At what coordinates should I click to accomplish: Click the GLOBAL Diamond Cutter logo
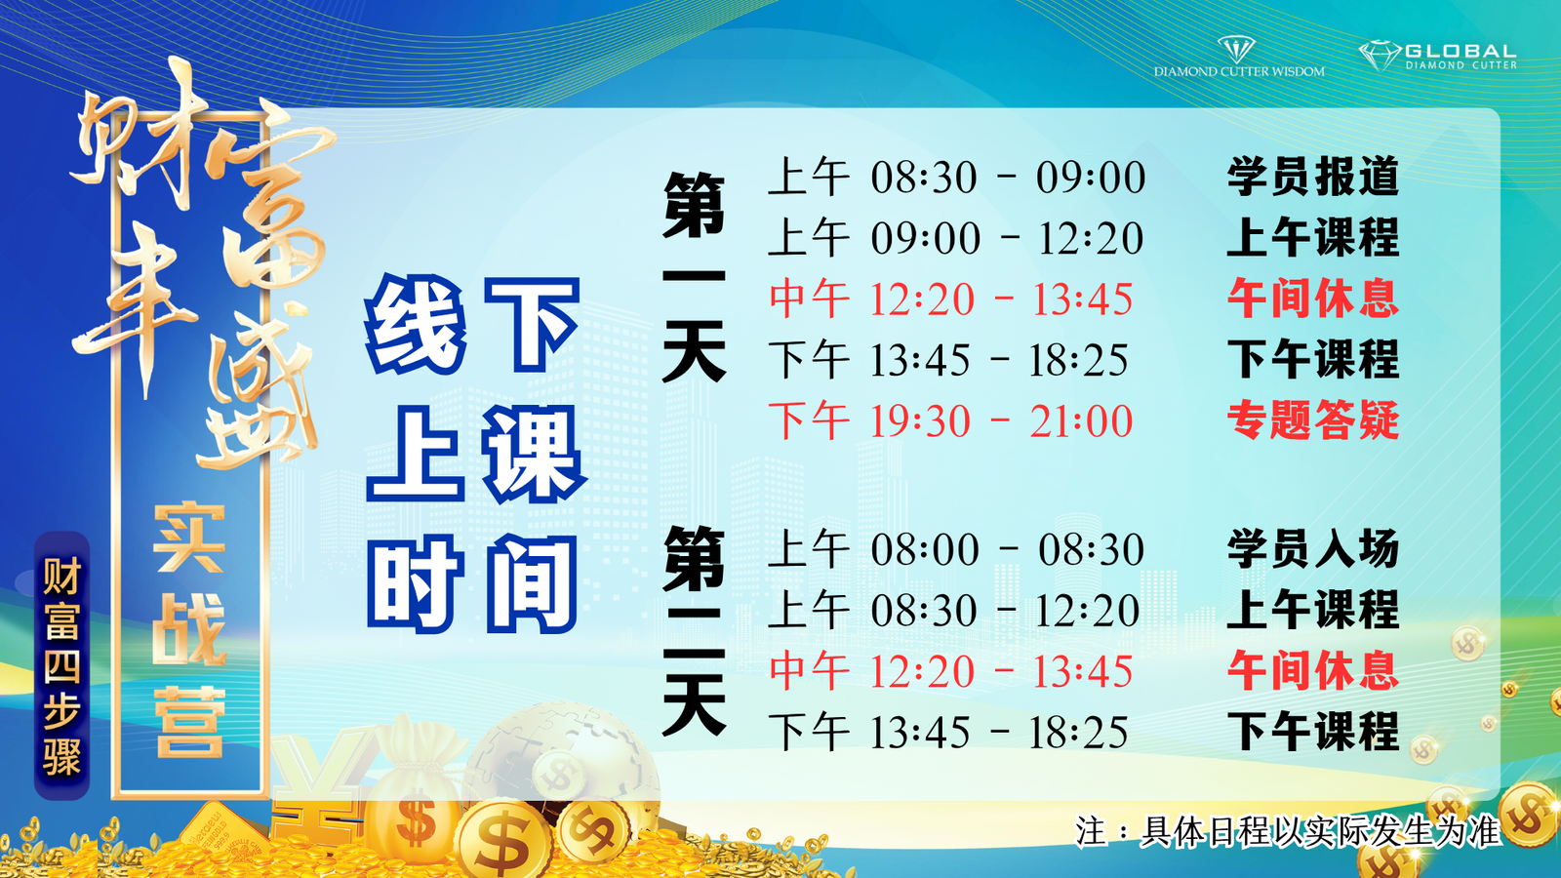tap(1438, 55)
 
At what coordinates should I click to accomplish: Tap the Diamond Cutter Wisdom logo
tap(1239, 58)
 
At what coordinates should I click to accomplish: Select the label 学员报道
tap(1313, 177)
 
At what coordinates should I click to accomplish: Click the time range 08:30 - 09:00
tap(1008, 177)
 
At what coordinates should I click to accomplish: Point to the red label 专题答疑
tap(1313, 420)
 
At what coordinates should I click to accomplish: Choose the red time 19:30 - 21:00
tap(1001, 420)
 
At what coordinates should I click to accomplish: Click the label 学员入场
tap(1313, 548)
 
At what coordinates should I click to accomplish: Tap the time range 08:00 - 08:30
tap(1007, 549)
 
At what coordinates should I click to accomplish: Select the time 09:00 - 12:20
tap(1007, 238)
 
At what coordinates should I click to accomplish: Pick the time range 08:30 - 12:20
tap(1005, 611)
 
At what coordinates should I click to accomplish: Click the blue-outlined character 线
tap(416, 324)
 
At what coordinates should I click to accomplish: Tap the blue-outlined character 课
tap(534, 454)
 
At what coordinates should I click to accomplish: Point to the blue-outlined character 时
tap(416, 584)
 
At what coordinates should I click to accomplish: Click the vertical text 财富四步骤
tap(62, 665)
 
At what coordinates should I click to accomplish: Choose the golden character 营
tap(189, 722)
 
